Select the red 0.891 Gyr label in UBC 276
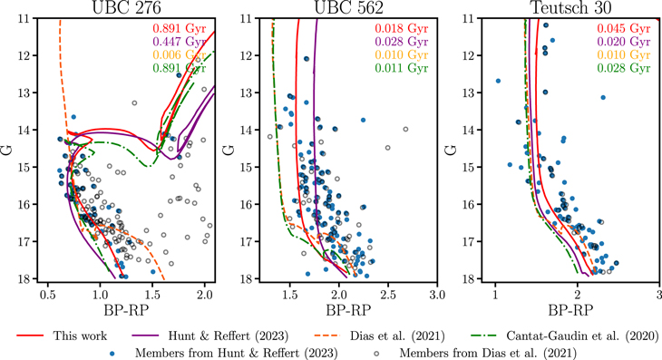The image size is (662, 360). (179, 26)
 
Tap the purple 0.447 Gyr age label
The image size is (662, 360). (179, 40)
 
